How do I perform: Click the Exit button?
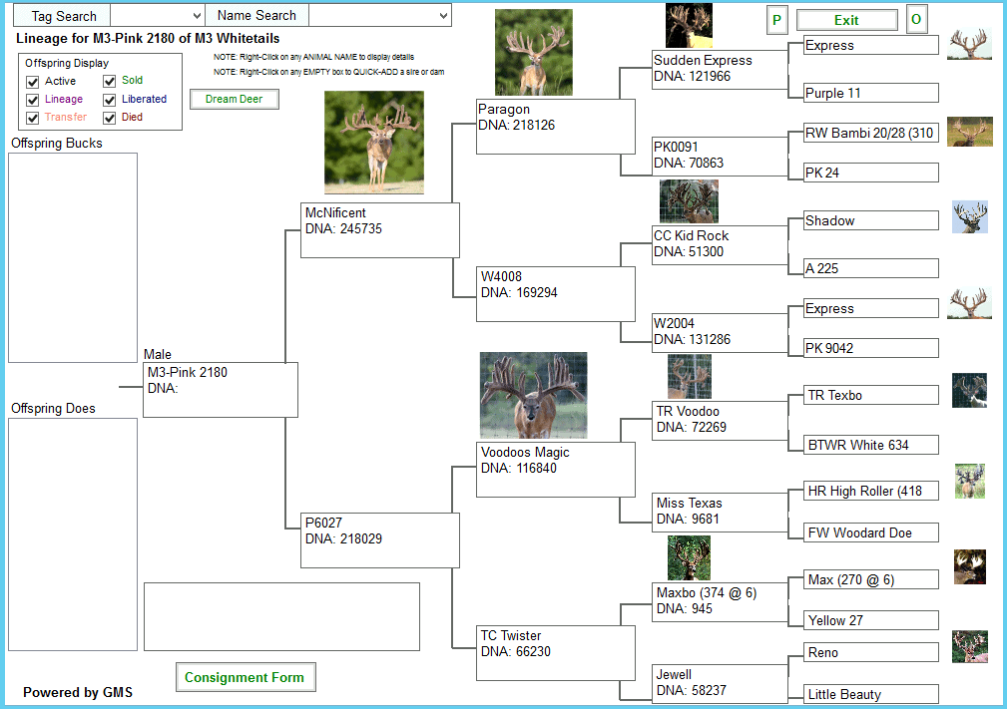pos(846,20)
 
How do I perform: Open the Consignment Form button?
pos(246,677)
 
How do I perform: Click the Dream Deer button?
pos(235,99)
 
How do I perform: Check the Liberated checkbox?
pos(110,100)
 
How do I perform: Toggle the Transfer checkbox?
pos(33,118)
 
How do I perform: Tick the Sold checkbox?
pos(110,81)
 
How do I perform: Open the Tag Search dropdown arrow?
pos(198,15)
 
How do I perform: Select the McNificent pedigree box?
pos(380,230)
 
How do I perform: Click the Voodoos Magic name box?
pos(556,469)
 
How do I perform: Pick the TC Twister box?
pos(556,653)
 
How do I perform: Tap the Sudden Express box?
pos(720,69)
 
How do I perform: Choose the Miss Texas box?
pos(720,512)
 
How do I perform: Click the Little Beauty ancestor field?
pos(871,694)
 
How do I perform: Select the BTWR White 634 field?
pos(871,445)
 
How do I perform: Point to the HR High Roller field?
pos(871,491)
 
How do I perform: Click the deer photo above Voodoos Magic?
pos(533,395)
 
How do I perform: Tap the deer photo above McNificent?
pos(374,142)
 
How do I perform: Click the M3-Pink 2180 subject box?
pos(221,390)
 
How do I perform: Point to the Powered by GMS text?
pos(78,692)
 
